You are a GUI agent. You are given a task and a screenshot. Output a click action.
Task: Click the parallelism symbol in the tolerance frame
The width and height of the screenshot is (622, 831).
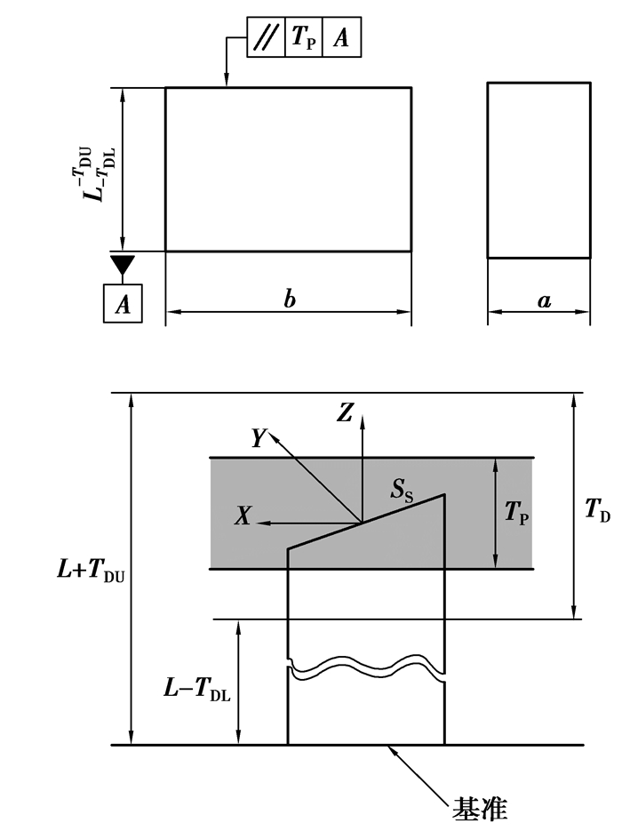pyautogui.click(x=266, y=38)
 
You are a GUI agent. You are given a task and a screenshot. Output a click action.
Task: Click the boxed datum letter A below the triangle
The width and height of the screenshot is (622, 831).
pyautogui.click(x=123, y=304)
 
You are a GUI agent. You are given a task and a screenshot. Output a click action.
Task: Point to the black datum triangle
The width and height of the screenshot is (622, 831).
pyautogui.click(x=123, y=264)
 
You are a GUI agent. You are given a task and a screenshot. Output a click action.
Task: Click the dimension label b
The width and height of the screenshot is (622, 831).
pyautogui.click(x=289, y=300)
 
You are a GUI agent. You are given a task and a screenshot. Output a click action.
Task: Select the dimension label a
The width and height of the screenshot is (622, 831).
pyautogui.click(x=544, y=300)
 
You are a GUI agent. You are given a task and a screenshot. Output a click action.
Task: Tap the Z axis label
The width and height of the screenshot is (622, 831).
pyautogui.click(x=347, y=412)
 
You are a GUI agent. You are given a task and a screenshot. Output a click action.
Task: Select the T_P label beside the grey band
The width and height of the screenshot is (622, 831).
pyautogui.click(x=517, y=513)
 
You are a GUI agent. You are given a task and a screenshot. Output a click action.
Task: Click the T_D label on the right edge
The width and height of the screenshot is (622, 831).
pyautogui.click(x=598, y=507)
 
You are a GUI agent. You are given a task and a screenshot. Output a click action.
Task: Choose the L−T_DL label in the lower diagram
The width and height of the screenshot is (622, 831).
pyautogui.click(x=196, y=689)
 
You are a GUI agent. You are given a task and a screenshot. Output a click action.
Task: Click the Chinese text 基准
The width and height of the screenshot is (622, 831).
pyautogui.click(x=480, y=810)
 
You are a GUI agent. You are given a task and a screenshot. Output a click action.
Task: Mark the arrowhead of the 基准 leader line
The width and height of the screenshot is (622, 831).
pyautogui.click(x=387, y=749)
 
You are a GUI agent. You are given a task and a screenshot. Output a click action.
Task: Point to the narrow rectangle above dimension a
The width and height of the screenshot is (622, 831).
pyautogui.click(x=538, y=170)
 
